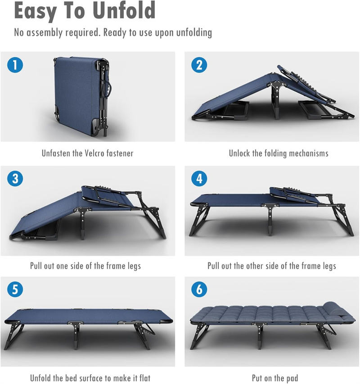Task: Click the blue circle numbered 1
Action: coord(15,65)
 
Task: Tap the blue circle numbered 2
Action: coord(199,65)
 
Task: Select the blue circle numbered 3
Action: coord(15,179)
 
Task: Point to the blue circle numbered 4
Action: coord(199,179)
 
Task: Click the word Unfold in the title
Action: coord(124,10)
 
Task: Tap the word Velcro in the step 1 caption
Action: coord(94,154)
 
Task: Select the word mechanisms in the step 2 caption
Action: coord(309,154)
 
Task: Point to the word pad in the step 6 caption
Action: coord(292,378)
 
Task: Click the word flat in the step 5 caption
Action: coord(145,378)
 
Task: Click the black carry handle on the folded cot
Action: coord(107,89)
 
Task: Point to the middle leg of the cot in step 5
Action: coord(76,335)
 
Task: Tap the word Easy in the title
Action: coord(35,11)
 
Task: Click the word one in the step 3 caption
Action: coord(62,266)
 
